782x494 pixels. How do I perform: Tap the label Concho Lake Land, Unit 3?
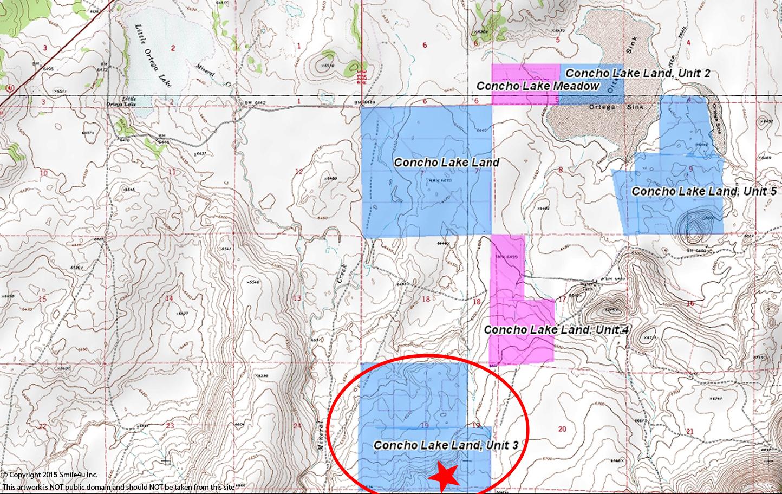click(x=446, y=445)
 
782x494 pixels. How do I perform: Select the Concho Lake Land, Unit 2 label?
click(x=637, y=73)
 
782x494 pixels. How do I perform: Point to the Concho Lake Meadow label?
click(x=538, y=86)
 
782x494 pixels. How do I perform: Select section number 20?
click(x=562, y=429)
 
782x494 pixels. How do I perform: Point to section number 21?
click(x=689, y=431)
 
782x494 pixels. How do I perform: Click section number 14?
click(x=170, y=298)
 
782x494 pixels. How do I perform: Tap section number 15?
click(x=43, y=299)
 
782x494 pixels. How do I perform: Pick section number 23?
click(x=170, y=426)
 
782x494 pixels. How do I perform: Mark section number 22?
click(x=43, y=426)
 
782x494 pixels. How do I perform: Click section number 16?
click(x=690, y=304)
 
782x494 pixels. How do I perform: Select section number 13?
click(x=297, y=298)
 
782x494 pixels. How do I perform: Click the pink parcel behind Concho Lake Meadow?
click(x=525, y=84)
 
